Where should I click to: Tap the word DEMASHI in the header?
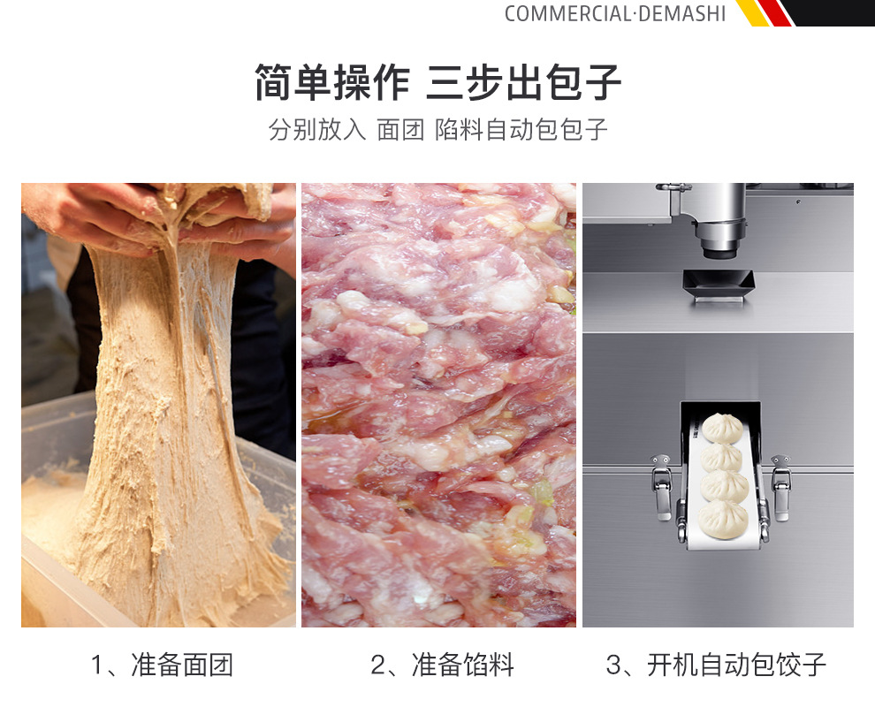[x=681, y=13]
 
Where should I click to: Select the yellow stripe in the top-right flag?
[x=752, y=12]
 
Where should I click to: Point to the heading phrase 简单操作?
[x=332, y=83]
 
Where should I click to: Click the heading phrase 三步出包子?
[x=524, y=83]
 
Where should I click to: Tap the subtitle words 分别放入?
[x=316, y=130]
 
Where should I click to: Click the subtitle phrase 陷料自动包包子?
[x=521, y=130]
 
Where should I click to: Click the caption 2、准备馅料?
[x=442, y=665]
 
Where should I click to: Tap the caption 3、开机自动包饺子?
[x=716, y=665]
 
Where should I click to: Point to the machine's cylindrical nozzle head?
[x=718, y=221]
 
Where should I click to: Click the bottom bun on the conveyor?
[x=724, y=517]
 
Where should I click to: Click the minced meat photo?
[x=438, y=405]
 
